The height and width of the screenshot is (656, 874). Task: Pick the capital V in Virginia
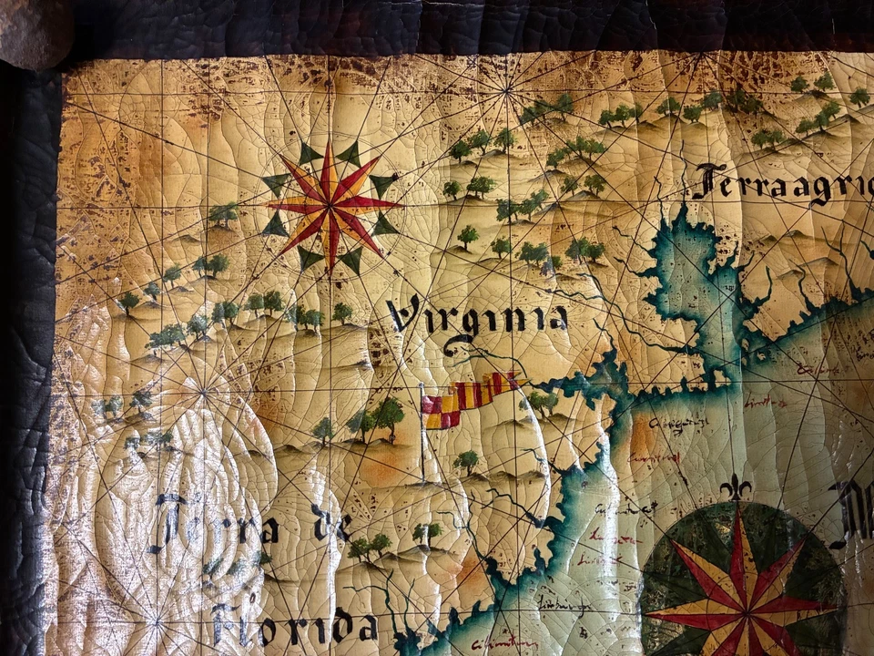click(x=404, y=315)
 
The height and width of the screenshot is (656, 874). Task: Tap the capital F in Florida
click(x=228, y=624)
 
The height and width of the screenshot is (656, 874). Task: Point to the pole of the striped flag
click(x=422, y=437)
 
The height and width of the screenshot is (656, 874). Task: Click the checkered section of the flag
click(x=441, y=411)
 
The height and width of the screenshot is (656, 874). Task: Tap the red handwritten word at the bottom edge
click(x=504, y=644)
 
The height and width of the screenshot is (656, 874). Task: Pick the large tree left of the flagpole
click(x=388, y=415)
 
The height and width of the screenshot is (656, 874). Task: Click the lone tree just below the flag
click(x=466, y=461)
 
